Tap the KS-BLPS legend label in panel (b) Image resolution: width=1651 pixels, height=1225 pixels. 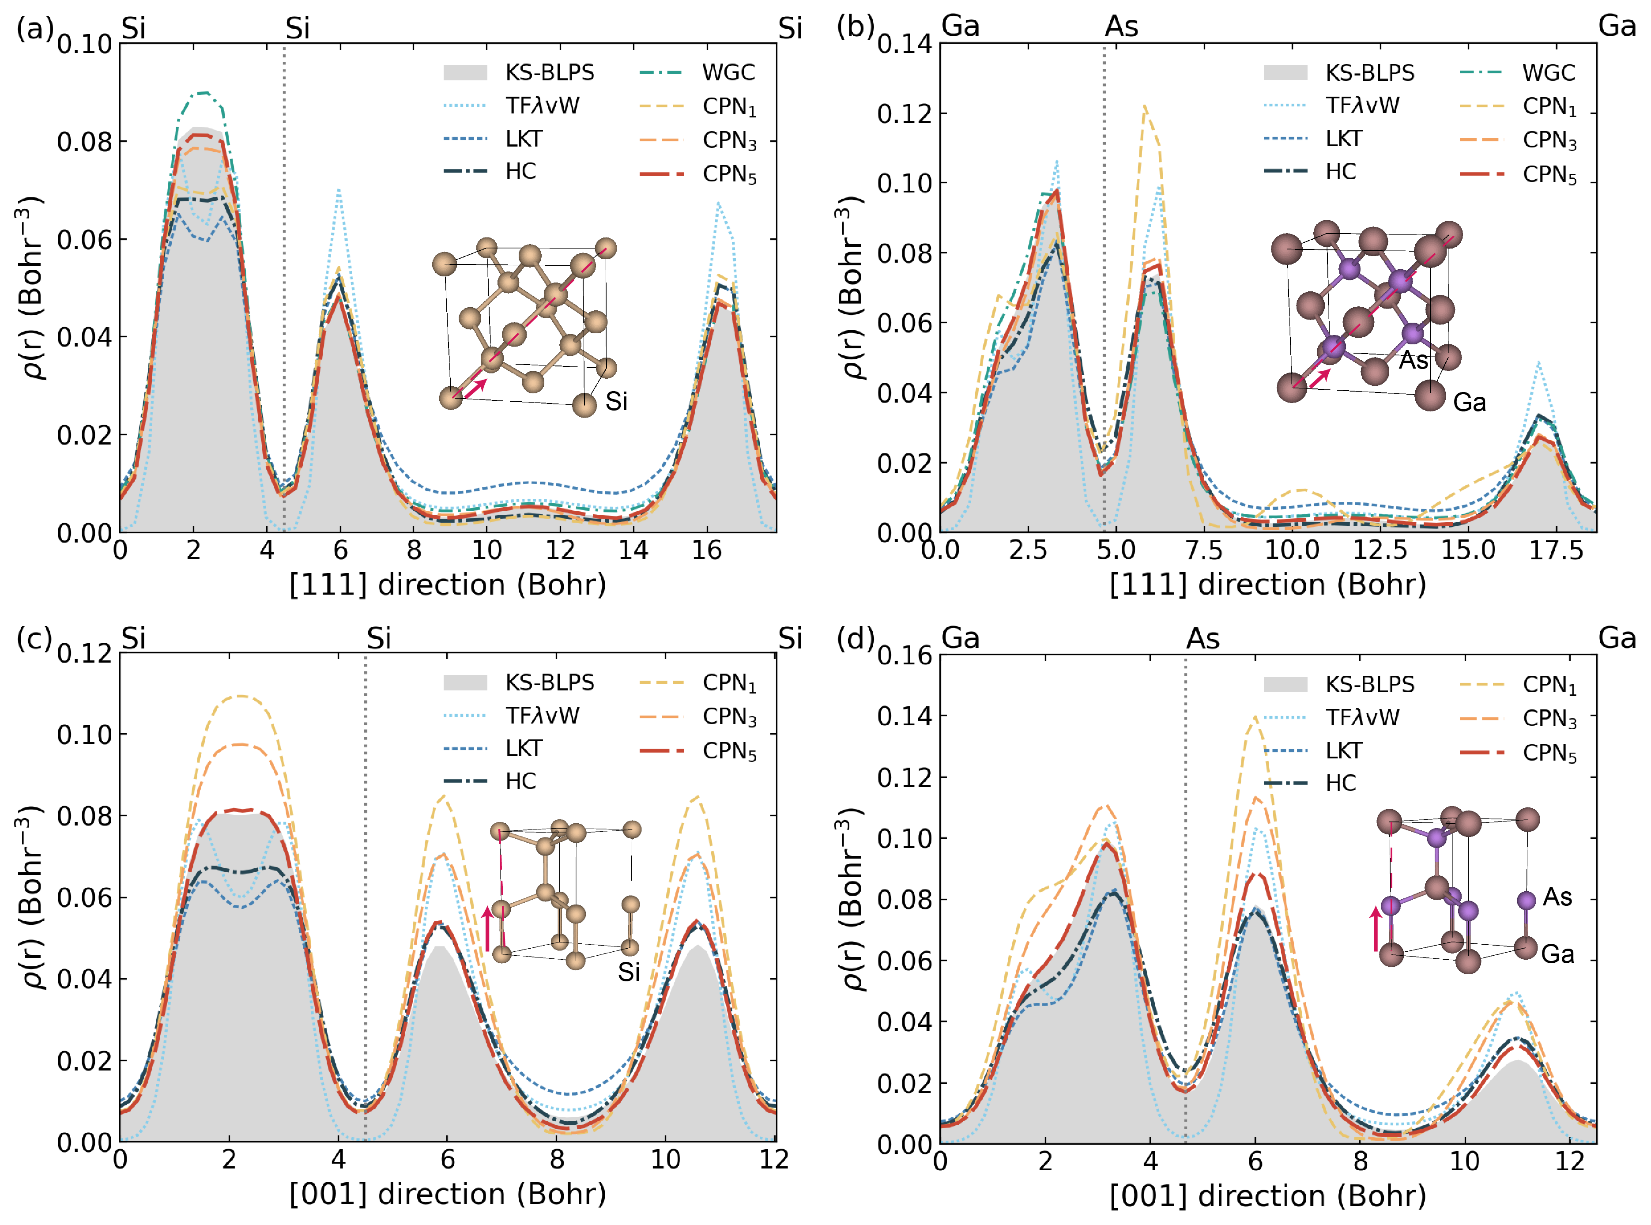(1369, 73)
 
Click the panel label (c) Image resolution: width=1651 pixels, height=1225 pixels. (34, 638)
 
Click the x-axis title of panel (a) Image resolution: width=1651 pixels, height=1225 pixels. (448, 585)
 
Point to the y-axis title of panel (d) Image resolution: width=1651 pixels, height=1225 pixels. (854, 899)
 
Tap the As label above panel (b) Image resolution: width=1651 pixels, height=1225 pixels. (1121, 26)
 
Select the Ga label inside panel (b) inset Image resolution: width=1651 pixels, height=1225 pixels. (1470, 403)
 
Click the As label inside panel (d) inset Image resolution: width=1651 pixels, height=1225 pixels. (1557, 897)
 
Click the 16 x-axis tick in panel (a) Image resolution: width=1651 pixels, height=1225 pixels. (706, 550)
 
